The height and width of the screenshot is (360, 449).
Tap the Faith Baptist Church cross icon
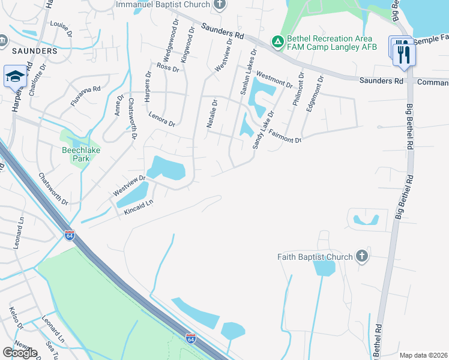[x=361, y=257]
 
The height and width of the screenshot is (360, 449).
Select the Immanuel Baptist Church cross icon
[x=220, y=5]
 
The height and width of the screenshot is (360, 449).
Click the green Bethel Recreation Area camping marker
[x=277, y=41]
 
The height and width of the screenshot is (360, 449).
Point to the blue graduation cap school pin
[x=15, y=77]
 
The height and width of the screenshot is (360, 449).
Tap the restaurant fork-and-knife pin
[x=404, y=55]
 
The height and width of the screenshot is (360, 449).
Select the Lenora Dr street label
[x=161, y=119]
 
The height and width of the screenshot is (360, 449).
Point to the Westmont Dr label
[x=274, y=80]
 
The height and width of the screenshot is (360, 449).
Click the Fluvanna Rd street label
[x=85, y=96]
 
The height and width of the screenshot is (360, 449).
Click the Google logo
[x=20, y=353]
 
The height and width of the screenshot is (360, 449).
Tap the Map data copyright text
[x=423, y=355]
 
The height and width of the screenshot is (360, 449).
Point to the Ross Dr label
[x=167, y=67]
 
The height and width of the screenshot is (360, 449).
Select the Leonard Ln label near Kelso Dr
[x=53, y=331]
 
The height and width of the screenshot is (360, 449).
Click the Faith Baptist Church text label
[x=315, y=257]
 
